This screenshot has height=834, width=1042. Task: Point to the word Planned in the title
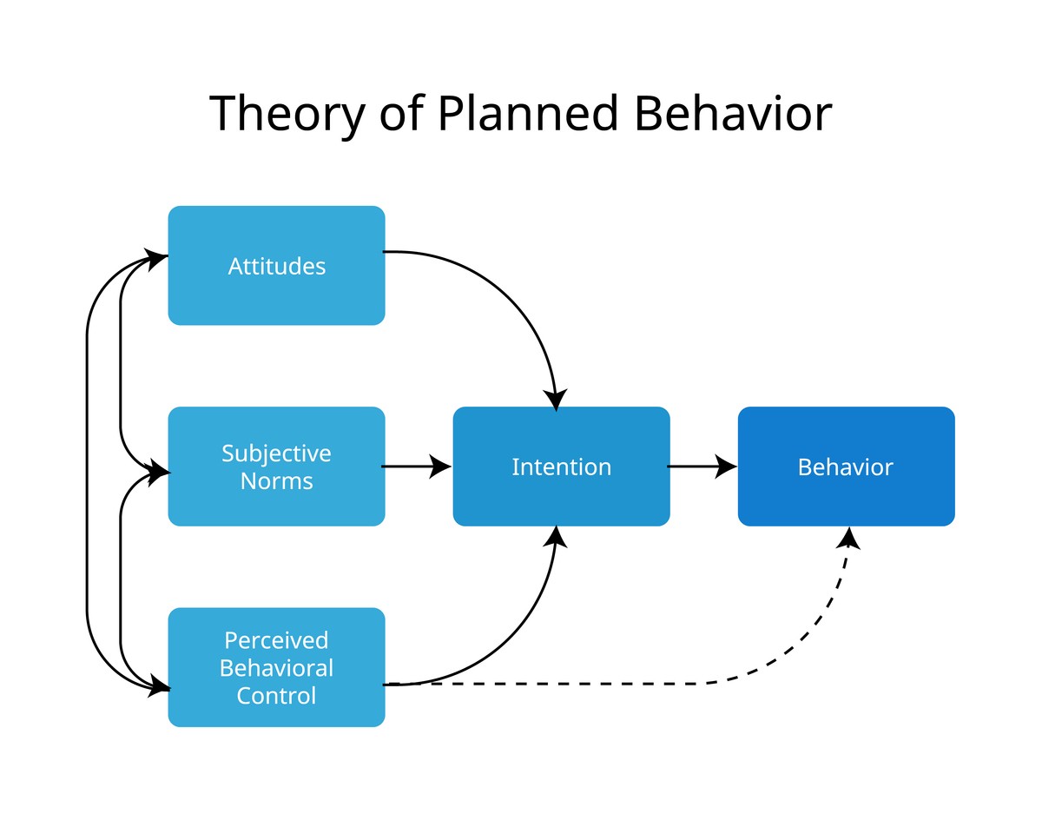(x=527, y=114)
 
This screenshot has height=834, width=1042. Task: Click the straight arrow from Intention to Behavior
(x=702, y=467)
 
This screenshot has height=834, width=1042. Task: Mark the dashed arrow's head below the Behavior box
(x=848, y=539)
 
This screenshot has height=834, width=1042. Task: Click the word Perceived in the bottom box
(x=276, y=640)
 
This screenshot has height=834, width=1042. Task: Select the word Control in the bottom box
(x=276, y=696)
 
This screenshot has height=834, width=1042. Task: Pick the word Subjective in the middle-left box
(x=276, y=453)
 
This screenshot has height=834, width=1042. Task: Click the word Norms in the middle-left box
(x=276, y=480)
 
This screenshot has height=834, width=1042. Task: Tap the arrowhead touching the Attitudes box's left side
(x=157, y=258)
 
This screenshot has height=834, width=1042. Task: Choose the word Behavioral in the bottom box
(x=276, y=668)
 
